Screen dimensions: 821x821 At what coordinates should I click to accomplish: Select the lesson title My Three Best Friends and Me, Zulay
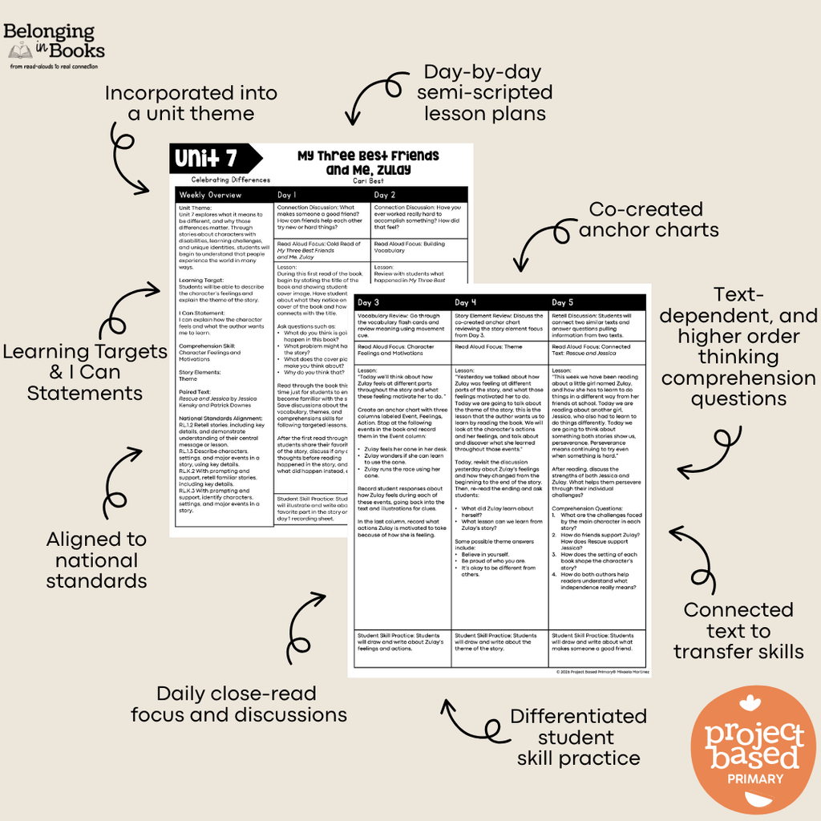369,162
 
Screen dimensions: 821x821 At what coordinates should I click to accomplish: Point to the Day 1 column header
287,195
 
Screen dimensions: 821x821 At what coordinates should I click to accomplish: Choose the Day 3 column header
369,302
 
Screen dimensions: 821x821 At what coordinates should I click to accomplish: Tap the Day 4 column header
467,302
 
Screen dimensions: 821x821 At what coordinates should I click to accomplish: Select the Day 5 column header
564,302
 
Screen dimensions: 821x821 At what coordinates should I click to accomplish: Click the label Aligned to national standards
96,560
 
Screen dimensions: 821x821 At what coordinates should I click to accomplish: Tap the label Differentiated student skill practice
578,737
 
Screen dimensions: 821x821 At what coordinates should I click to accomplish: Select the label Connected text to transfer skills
738,630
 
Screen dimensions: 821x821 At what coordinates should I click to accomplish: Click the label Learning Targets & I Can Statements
84,372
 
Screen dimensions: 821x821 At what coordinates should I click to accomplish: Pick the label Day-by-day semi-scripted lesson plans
484,92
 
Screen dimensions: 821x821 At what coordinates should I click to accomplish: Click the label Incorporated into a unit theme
191,103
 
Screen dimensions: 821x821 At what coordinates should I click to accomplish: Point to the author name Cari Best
369,181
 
